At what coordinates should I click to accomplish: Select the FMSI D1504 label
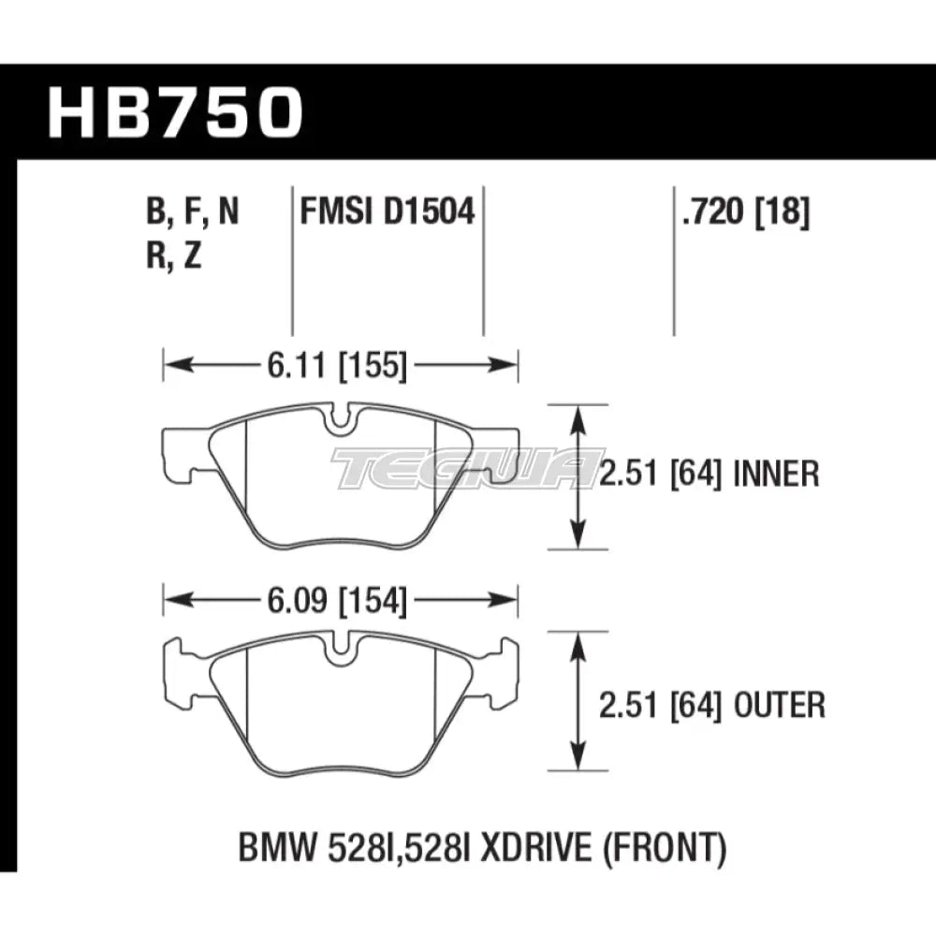pyautogui.click(x=387, y=213)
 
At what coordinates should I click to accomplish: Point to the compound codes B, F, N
pyautogui.click(x=191, y=213)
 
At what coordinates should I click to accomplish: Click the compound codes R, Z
pyautogui.click(x=174, y=256)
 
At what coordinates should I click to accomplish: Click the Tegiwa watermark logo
pyautogui.click(x=468, y=467)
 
